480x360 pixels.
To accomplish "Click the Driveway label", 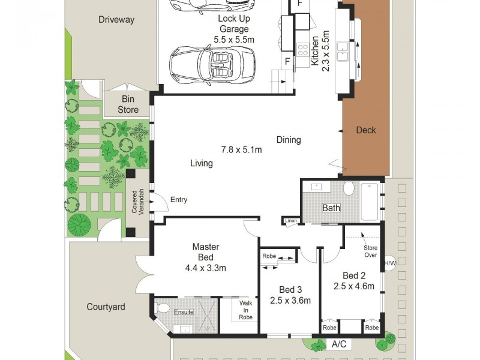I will coord(116,19).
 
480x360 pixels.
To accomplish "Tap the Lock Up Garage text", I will coord(234,23).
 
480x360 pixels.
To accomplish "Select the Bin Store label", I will coord(128,104).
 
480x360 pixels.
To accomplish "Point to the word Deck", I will coord(365,130).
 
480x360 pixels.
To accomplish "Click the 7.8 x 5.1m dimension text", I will coord(242,150).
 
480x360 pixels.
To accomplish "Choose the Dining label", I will coord(289,140).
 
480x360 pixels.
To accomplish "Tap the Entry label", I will coord(179,200).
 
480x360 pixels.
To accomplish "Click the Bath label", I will coord(331,208).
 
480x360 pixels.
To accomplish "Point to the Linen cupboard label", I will coord(291,221).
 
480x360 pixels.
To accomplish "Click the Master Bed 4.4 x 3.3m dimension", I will coord(206,268).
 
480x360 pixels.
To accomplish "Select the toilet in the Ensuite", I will coord(162,308).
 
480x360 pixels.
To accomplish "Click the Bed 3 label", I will coord(290,289).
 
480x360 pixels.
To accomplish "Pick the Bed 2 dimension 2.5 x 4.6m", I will coord(353,286).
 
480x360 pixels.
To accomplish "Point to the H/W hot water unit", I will coord(390,263).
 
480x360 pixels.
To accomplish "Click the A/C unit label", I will coord(338,345).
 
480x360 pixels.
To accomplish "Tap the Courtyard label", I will coord(106,307).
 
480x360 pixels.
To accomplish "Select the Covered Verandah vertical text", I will coord(138,202).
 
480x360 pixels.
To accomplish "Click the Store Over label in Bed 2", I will coord(370,251).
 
